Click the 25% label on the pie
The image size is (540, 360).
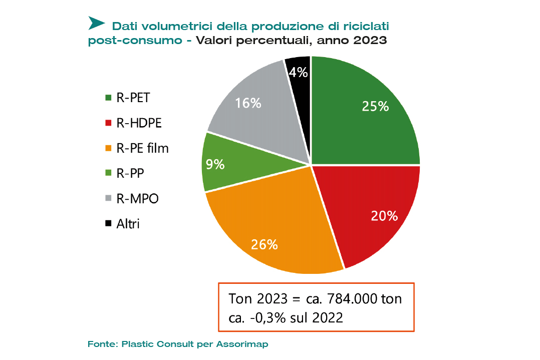coord(376,106)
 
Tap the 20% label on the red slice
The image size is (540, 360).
coord(384,216)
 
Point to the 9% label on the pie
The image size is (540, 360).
coord(215,164)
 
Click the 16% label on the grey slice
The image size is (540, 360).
coord(248,103)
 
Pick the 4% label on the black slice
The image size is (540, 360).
coord(298,73)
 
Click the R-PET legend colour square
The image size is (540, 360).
coord(108,98)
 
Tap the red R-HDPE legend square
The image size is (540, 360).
coord(108,123)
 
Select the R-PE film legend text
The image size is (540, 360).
coord(143,148)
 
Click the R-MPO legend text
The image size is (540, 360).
coord(137,198)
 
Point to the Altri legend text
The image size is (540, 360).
coord(128,223)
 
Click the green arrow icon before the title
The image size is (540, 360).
coord(96,23)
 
